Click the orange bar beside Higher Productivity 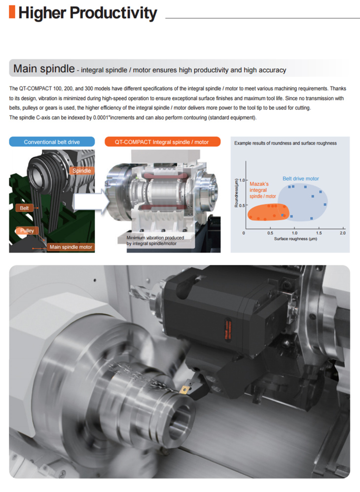pyautogui.click(x=12, y=12)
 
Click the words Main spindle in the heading pyautogui.click(x=44, y=69)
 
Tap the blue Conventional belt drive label pyautogui.click(x=52, y=142)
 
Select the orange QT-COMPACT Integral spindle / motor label pyautogui.click(x=162, y=142)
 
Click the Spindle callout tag pyautogui.click(x=81, y=171)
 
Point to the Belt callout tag pyautogui.click(x=24, y=208)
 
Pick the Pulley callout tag pyautogui.click(x=27, y=230)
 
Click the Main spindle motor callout pyautogui.click(x=71, y=247)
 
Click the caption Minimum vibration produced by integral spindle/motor pyautogui.click(x=155, y=240)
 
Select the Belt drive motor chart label pyautogui.click(x=300, y=179)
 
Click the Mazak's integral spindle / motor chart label pyautogui.click(x=262, y=190)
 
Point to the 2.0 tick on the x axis pyautogui.click(x=342, y=233)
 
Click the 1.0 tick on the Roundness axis pyautogui.click(x=242, y=181)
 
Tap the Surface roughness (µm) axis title pyautogui.click(x=295, y=239)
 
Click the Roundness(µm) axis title pyautogui.click(x=236, y=193)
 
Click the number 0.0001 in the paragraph pyautogui.click(x=101, y=117)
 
